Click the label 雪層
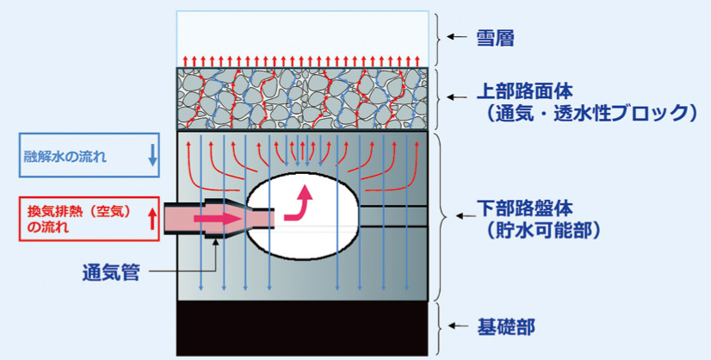(496, 38)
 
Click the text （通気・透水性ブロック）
(585, 112)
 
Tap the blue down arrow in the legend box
(153, 156)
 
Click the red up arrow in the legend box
(153, 219)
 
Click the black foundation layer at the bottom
(302, 328)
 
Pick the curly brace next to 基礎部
(442, 327)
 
